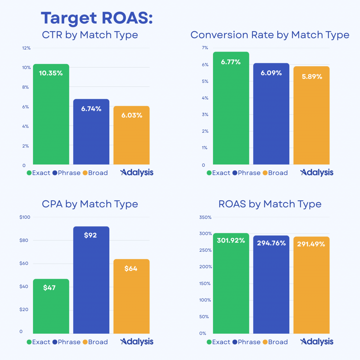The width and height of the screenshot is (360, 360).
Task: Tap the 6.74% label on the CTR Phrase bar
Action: click(91, 109)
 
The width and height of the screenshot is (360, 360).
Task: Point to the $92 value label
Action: click(90, 235)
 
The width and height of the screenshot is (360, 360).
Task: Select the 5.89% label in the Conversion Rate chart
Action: click(312, 76)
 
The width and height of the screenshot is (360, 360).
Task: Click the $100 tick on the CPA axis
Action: click(25, 217)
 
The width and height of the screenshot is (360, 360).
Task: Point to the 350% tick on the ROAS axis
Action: click(205, 217)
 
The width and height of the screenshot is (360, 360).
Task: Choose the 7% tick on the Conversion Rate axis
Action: click(205, 48)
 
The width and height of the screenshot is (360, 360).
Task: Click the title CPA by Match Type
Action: click(90, 204)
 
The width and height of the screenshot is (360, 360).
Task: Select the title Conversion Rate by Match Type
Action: click(270, 35)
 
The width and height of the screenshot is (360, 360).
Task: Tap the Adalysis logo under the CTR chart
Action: click(137, 173)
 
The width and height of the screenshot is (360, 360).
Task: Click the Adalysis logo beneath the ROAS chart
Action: click(317, 342)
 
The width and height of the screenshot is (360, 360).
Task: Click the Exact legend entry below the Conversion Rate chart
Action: click(218, 173)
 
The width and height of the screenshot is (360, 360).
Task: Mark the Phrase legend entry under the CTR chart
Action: click(66, 173)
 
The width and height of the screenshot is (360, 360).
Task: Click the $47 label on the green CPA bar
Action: click(50, 288)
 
